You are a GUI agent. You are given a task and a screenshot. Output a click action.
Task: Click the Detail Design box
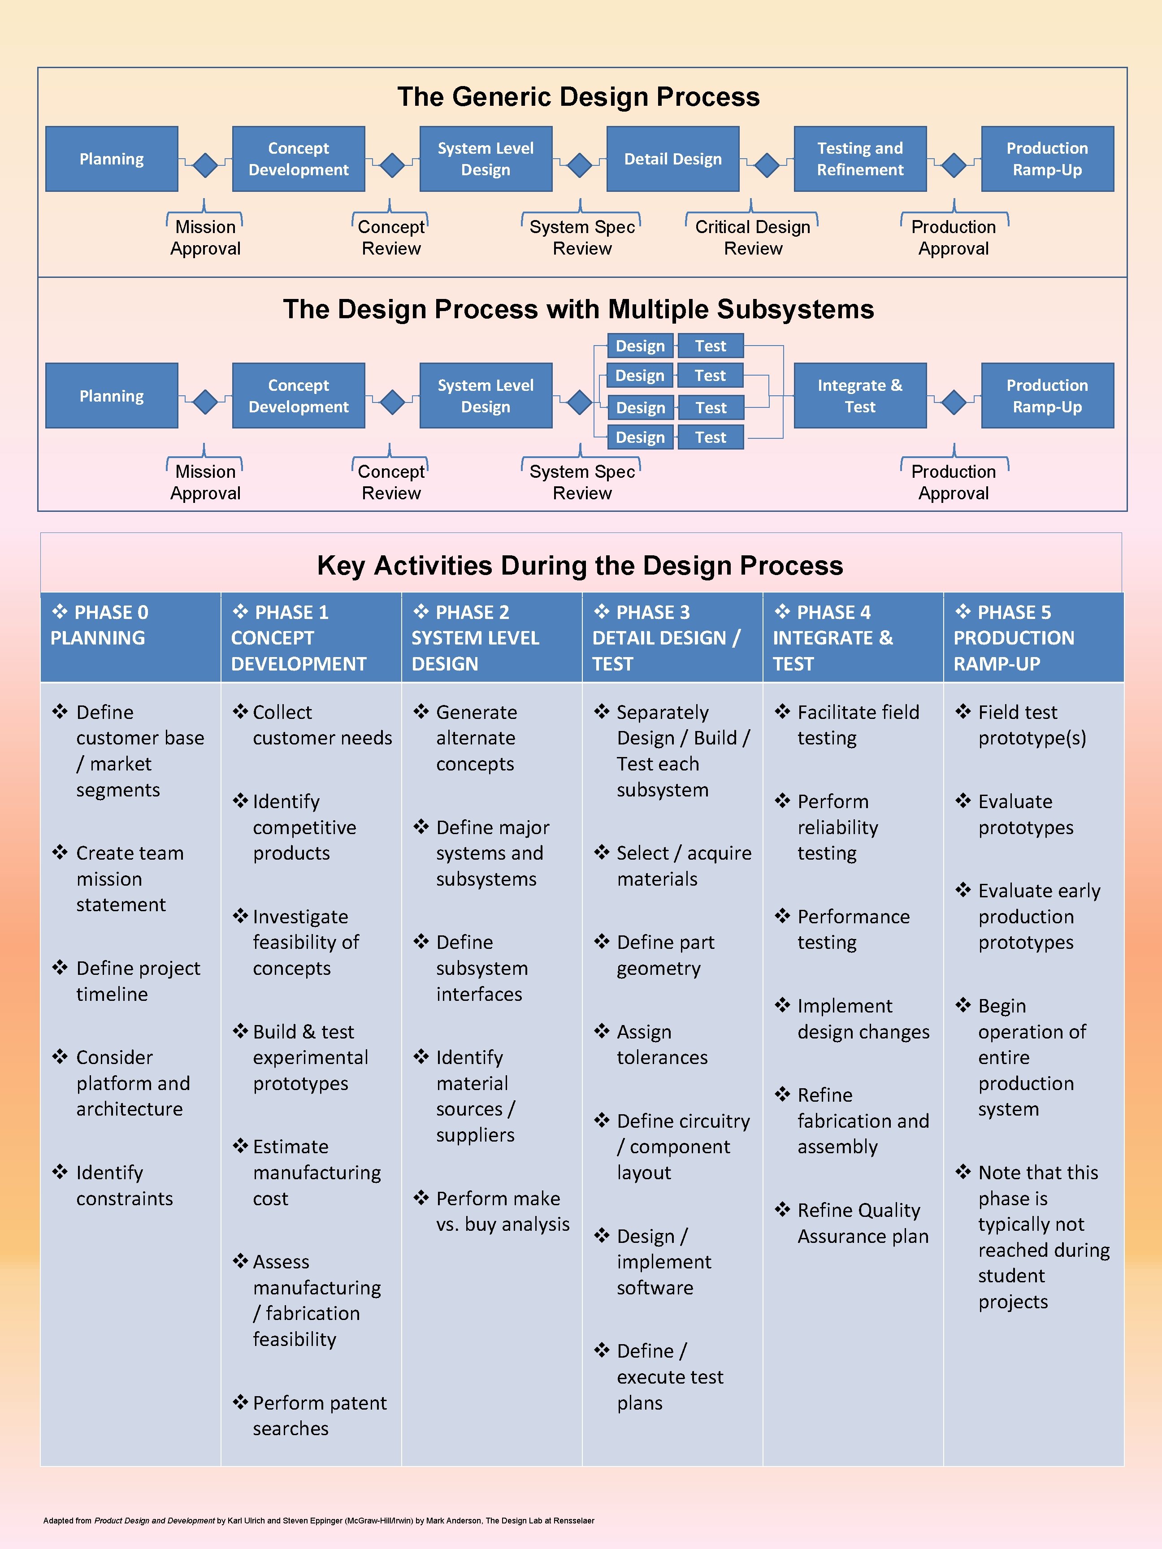click(x=672, y=159)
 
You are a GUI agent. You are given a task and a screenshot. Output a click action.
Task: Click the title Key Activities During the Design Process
click(x=580, y=565)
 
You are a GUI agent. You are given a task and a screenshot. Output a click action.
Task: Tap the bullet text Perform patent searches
click(x=319, y=1415)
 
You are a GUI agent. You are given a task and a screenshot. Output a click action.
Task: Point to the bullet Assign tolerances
click(x=661, y=1044)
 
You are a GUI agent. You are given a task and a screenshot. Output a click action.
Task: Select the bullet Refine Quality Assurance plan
click(x=862, y=1223)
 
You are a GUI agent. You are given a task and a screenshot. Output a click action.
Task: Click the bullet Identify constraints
click(x=124, y=1185)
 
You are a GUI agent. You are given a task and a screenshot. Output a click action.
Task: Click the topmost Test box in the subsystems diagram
click(x=710, y=346)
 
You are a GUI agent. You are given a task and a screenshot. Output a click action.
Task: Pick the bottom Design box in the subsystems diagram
click(x=639, y=437)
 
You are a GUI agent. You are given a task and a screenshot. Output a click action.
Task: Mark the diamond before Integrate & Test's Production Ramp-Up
click(x=953, y=402)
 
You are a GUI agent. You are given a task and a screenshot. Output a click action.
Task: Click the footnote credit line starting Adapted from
click(x=319, y=1520)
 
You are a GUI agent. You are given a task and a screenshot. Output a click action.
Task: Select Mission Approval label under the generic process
click(x=205, y=238)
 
